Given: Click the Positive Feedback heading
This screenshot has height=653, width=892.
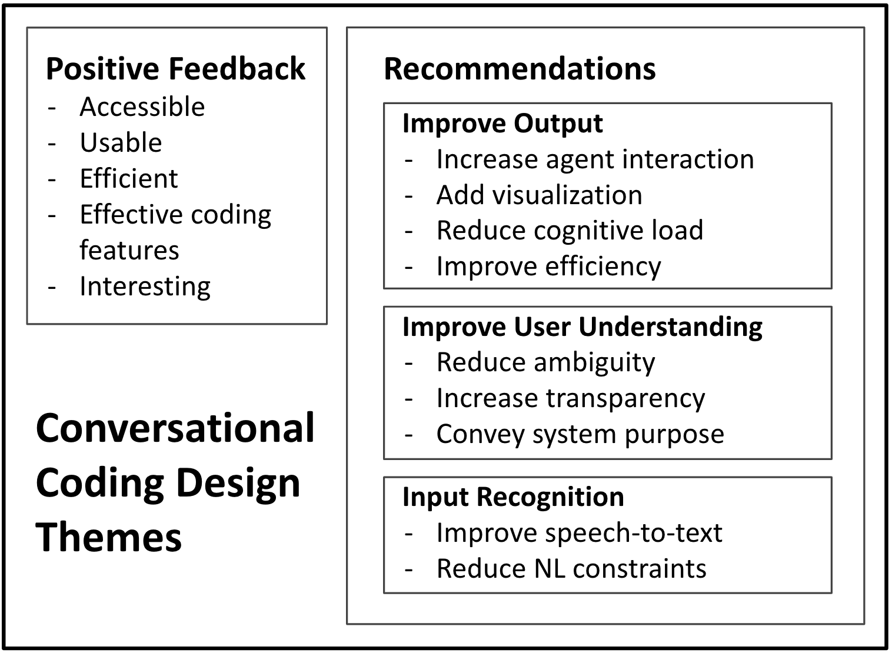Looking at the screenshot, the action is point(175,69).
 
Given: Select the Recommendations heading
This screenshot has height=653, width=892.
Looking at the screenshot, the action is point(520,69).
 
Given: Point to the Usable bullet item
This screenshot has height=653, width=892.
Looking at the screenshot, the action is point(121,142).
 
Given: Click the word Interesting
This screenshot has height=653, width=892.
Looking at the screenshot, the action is point(145,286).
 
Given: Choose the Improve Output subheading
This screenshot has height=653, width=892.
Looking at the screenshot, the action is point(502,124).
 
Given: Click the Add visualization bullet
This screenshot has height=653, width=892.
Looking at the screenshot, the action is point(539,195).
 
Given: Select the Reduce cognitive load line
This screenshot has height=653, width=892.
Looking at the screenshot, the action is point(570,231).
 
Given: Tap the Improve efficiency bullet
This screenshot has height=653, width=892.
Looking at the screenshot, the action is point(549,266).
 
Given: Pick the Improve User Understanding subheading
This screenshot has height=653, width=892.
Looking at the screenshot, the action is point(582,327).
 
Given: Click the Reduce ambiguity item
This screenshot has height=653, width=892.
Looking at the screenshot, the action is point(545,363).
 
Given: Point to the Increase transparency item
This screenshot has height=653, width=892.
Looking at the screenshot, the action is point(571,399).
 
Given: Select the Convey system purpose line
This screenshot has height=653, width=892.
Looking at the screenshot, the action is point(580,434).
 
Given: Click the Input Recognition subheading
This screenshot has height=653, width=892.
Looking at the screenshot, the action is point(513,497).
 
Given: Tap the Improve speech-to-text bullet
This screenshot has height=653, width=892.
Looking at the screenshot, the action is point(580,533).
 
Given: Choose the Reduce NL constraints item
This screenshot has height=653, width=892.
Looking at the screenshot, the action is point(571,569).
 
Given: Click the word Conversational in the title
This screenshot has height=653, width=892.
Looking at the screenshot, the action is point(175,428).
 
